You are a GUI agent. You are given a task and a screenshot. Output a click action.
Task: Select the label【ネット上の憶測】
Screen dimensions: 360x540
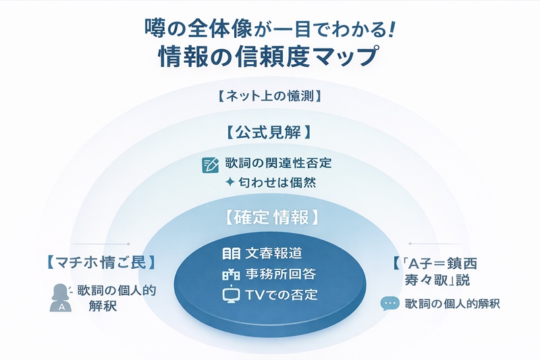pos(269,96)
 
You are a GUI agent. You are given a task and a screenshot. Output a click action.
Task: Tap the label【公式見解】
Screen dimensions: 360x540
pos(269,131)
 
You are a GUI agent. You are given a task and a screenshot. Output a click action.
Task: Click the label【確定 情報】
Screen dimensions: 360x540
pos(269,218)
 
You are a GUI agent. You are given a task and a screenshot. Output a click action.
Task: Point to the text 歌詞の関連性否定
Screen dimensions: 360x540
pos(278,163)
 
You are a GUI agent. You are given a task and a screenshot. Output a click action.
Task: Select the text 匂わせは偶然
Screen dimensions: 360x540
pos(283,183)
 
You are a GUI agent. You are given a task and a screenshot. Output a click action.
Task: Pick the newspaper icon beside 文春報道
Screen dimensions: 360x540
pos(231,254)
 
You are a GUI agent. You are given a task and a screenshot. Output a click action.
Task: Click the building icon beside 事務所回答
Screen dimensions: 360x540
pos(231,275)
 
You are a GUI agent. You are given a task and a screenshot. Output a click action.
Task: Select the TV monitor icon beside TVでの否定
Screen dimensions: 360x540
pos(231,296)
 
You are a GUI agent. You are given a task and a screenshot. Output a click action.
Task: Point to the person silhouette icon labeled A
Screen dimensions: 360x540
pos(61,298)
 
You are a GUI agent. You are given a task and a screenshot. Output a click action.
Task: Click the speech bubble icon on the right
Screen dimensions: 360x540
pos(389,304)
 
